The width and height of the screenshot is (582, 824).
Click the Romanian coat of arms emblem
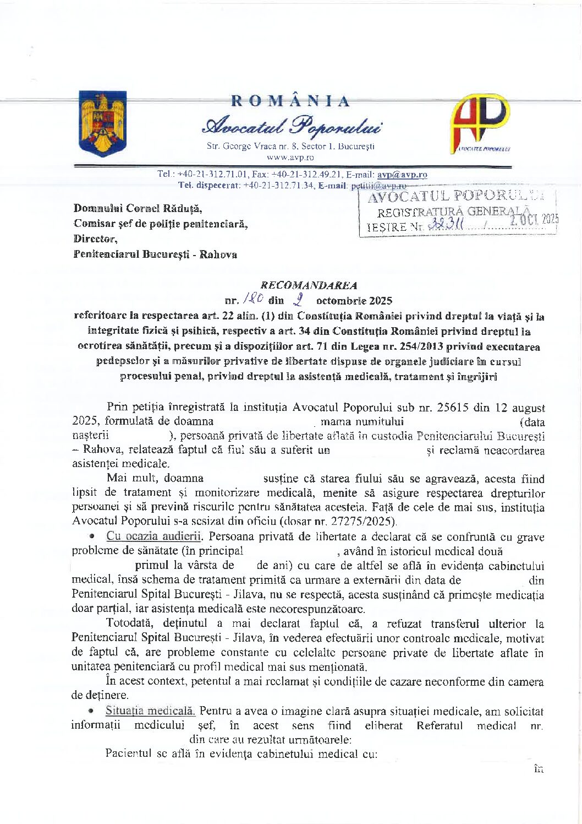point(103,123)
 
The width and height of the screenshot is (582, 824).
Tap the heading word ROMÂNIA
point(290,101)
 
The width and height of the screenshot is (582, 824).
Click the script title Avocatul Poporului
point(292,126)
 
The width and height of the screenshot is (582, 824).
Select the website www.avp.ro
point(290,158)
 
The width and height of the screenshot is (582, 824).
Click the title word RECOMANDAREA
point(309,285)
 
